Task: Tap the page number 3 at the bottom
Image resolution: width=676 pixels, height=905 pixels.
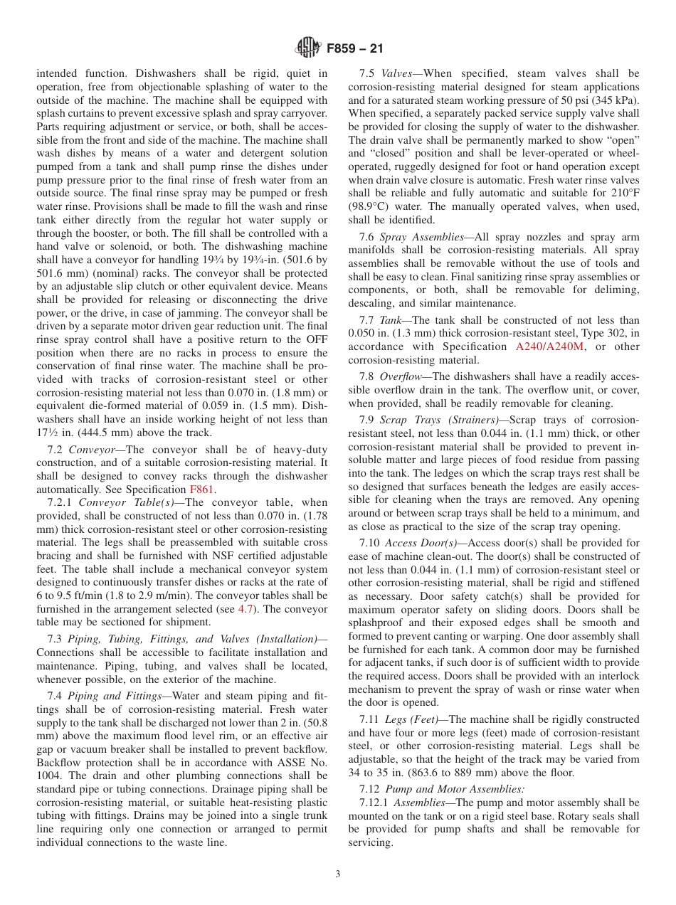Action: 338,874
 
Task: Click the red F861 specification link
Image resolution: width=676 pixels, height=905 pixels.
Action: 201,489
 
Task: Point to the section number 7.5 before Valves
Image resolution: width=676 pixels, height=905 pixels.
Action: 367,73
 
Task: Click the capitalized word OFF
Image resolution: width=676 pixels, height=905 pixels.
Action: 317,339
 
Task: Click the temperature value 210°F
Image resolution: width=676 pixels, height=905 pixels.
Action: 623,193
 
